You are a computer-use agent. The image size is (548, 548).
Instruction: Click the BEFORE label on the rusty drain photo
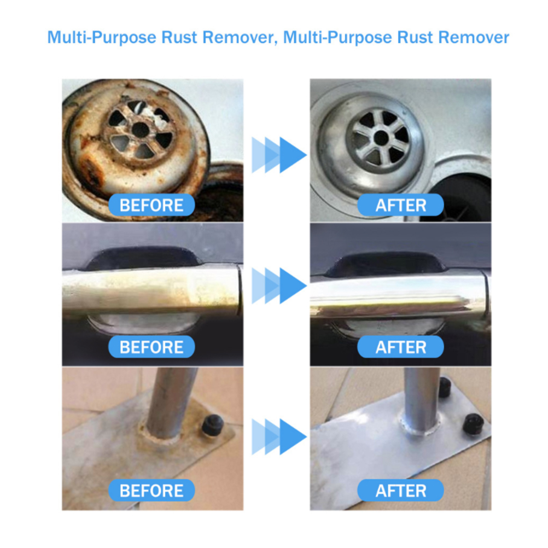tap(151, 205)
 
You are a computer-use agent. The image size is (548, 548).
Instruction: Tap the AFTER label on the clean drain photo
tap(400, 205)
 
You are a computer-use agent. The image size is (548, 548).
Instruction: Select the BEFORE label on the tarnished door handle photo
tap(151, 347)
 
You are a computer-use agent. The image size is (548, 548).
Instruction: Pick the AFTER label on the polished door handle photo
tap(400, 347)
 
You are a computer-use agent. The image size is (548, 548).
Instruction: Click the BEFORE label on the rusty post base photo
tap(151, 491)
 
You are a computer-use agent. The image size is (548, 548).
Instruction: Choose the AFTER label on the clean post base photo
tap(400, 491)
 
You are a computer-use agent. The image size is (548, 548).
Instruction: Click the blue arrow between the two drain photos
tap(279, 155)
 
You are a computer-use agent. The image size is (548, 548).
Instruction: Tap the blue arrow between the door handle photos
tap(279, 285)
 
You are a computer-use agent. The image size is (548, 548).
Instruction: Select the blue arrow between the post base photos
tap(279, 436)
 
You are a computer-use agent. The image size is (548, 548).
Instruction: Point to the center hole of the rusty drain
tap(141, 130)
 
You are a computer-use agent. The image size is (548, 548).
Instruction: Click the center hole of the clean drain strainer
tap(381, 137)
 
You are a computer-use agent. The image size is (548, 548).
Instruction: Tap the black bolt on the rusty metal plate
tap(213, 424)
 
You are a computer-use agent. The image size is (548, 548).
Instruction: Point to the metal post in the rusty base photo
tap(170, 402)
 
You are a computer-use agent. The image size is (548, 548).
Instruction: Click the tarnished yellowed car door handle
tap(151, 290)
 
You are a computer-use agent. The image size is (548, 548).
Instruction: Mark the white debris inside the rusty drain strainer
tap(154, 115)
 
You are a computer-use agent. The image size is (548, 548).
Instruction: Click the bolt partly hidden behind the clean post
tap(444, 387)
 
